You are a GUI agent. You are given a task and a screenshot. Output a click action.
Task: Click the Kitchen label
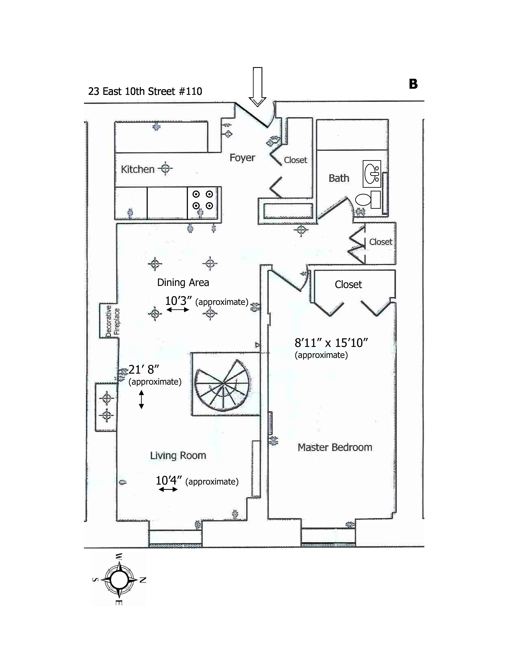(137, 169)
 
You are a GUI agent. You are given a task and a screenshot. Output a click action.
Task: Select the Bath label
(339, 178)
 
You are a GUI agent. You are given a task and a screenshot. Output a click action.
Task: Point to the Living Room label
(178, 455)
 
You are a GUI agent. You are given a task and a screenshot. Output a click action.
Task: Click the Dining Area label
(183, 282)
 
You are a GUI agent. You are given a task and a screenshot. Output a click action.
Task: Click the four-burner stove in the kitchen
(203, 200)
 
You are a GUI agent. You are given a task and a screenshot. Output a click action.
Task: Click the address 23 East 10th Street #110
(145, 91)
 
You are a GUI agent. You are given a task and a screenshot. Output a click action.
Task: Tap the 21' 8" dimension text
(144, 369)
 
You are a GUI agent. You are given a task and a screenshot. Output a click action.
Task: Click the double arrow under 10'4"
(168, 489)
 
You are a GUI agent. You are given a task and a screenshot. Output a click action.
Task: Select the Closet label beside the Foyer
(295, 160)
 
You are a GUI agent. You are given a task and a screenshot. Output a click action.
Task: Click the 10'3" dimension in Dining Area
(178, 301)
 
